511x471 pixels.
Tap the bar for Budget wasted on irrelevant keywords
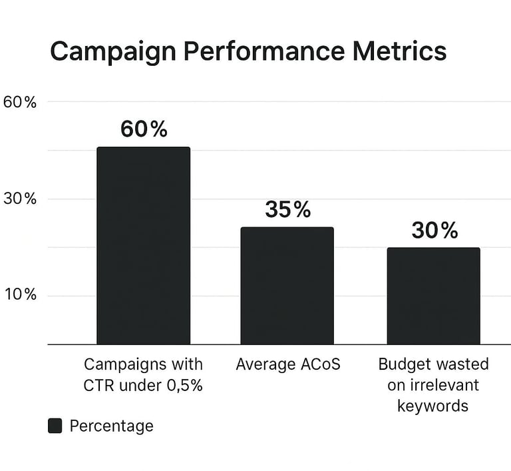pyautogui.click(x=433, y=296)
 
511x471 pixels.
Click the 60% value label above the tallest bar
pyautogui.click(x=144, y=129)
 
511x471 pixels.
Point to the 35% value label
pyautogui.click(x=287, y=209)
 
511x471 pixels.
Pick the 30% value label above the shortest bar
pyautogui.click(x=434, y=231)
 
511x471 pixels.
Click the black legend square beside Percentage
pyautogui.click(x=55, y=426)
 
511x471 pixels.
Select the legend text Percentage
pyautogui.click(x=111, y=426)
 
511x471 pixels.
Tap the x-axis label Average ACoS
pyautogui.click(x=287, y=365)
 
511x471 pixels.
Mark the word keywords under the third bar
pyautogui.click(x=433, y=405)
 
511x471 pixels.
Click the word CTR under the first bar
pyautogui.click(x=99, y=385)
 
